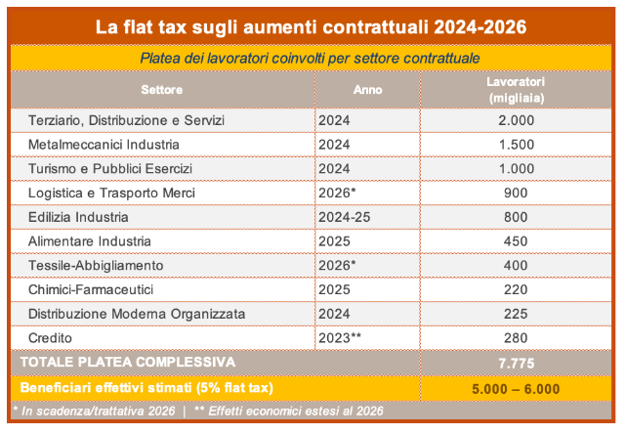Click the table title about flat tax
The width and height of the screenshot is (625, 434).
tap(312, 27)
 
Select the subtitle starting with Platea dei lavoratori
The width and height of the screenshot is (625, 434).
tap(311, 60)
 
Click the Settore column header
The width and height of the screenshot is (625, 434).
tap(161, 90)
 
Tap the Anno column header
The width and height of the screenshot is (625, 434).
tap(367, 90)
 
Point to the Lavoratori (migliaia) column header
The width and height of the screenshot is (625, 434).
tap(515, 89)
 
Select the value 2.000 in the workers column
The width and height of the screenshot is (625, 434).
tap(516, 120)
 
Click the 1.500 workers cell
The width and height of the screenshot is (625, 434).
tap(516, 145)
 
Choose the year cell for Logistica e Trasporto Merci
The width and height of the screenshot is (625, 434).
tap(339, 193)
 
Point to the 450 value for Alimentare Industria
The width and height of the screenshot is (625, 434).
tap(516, 241)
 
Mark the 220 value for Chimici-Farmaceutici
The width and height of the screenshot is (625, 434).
tap(516, 289)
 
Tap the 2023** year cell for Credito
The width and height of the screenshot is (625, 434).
tap(342, 337)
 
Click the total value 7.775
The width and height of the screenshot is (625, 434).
tap(516, 362)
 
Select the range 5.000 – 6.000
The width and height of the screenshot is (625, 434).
tap(516, 388)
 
